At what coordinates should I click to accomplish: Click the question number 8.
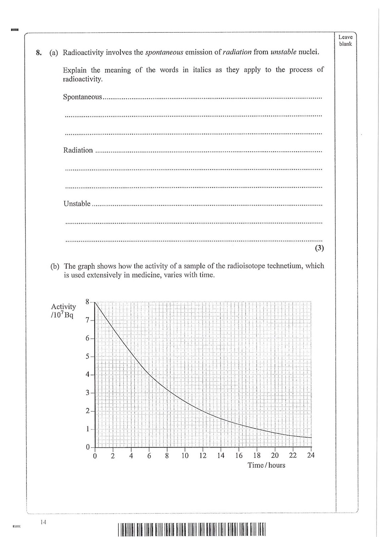point(38,53)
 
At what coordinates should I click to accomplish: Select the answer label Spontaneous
point(82,97)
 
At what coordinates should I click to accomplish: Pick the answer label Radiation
point(78,150)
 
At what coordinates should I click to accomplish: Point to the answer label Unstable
point(77,204)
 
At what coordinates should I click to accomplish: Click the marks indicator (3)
point(319,248)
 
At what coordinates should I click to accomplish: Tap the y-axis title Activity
point(63,306)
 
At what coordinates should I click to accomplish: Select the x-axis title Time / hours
point(266,465)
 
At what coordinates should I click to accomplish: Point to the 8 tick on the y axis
point(87,302)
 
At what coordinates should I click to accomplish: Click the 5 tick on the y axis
point(87,356)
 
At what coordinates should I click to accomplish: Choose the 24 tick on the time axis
point(311,455)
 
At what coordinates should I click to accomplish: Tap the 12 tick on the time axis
point(203,455)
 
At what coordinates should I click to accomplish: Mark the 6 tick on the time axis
point(149,455)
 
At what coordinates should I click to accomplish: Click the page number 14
point(43,522)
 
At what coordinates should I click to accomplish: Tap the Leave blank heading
point(345,41)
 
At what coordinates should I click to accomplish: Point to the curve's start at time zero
point(95,302)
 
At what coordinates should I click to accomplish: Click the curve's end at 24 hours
point(311,438)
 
